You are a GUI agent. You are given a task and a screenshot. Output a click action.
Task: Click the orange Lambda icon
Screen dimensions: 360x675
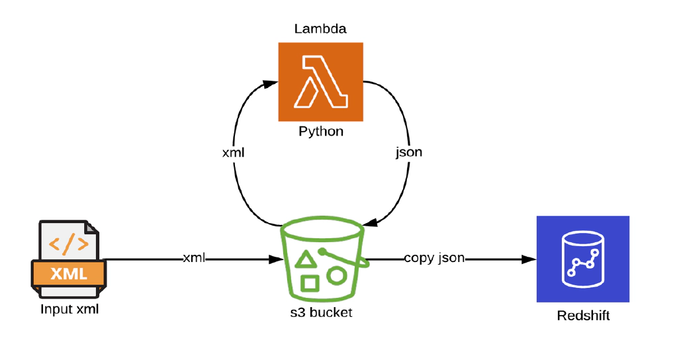click(x=321, y=81)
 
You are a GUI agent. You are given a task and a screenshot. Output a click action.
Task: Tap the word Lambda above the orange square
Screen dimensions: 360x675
click(x=321, y=29)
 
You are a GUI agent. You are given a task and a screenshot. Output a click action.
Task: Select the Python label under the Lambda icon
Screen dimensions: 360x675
click(x=321, y=131)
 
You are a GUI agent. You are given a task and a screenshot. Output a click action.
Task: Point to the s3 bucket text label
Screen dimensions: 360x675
click(x=322, y=312)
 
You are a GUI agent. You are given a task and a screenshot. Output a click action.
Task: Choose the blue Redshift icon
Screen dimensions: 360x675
click(x=582, y=259)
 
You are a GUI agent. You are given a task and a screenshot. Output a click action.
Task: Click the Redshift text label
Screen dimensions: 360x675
click(x=583, y=316)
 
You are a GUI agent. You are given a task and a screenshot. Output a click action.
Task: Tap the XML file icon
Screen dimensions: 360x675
click(x=68, y=259)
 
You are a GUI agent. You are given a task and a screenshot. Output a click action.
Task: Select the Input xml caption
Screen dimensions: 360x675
click(x=69, y=309)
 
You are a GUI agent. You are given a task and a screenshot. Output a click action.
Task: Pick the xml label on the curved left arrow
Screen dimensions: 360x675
click(x=233, y=152)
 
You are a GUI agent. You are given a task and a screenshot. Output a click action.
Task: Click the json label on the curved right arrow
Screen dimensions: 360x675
click(x=409, y=152)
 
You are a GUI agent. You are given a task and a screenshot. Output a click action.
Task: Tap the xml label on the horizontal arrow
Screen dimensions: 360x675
click(x=194, y=258)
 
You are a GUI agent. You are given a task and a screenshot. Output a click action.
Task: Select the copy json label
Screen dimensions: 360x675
click(x=434, y=258)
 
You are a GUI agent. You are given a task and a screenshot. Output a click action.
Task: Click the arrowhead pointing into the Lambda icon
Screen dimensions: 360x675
click(x=272, y=84)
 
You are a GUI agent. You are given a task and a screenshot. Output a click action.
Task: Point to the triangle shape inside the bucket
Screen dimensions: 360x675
click(x=304, y=259)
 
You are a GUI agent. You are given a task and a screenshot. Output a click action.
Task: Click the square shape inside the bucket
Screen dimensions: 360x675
click(x=309, y=283)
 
